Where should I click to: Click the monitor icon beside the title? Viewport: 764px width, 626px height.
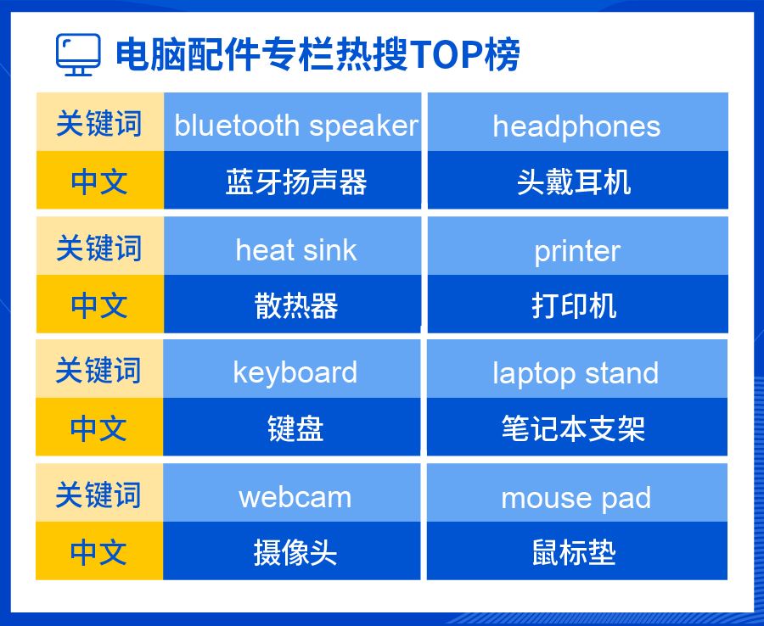pos(78,54)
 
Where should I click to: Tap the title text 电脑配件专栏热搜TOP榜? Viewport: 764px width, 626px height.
pos(317,54)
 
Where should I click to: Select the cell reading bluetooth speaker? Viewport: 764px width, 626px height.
pos(292,121)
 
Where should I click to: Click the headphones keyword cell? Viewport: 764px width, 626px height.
pos(578,121)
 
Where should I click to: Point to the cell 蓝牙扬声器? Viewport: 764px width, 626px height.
pos(292,180)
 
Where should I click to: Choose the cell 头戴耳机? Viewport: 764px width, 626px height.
pos(578,180)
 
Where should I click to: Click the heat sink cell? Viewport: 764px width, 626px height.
pos(292,246)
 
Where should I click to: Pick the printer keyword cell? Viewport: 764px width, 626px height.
pos(578,246)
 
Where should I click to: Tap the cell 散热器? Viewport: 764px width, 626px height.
pos(292,305)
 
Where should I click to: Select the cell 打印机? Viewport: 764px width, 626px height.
pos(578,305)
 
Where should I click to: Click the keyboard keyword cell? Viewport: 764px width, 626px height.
pos(292,368)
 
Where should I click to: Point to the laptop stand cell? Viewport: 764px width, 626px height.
pos(577,368)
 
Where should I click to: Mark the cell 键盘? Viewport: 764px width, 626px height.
pos(292,427)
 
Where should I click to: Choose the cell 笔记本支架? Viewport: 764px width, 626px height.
pos(577,427)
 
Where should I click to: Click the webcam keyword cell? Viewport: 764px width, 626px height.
pos(292,493)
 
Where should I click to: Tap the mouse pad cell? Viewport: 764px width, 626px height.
pos(577,493)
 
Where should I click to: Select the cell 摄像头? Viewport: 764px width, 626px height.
pos(292,551)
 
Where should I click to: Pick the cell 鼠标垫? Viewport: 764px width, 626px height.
pos(577,551)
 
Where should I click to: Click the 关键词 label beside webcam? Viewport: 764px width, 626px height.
pos(99,493)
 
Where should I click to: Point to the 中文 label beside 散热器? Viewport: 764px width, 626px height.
pos(100,305)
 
